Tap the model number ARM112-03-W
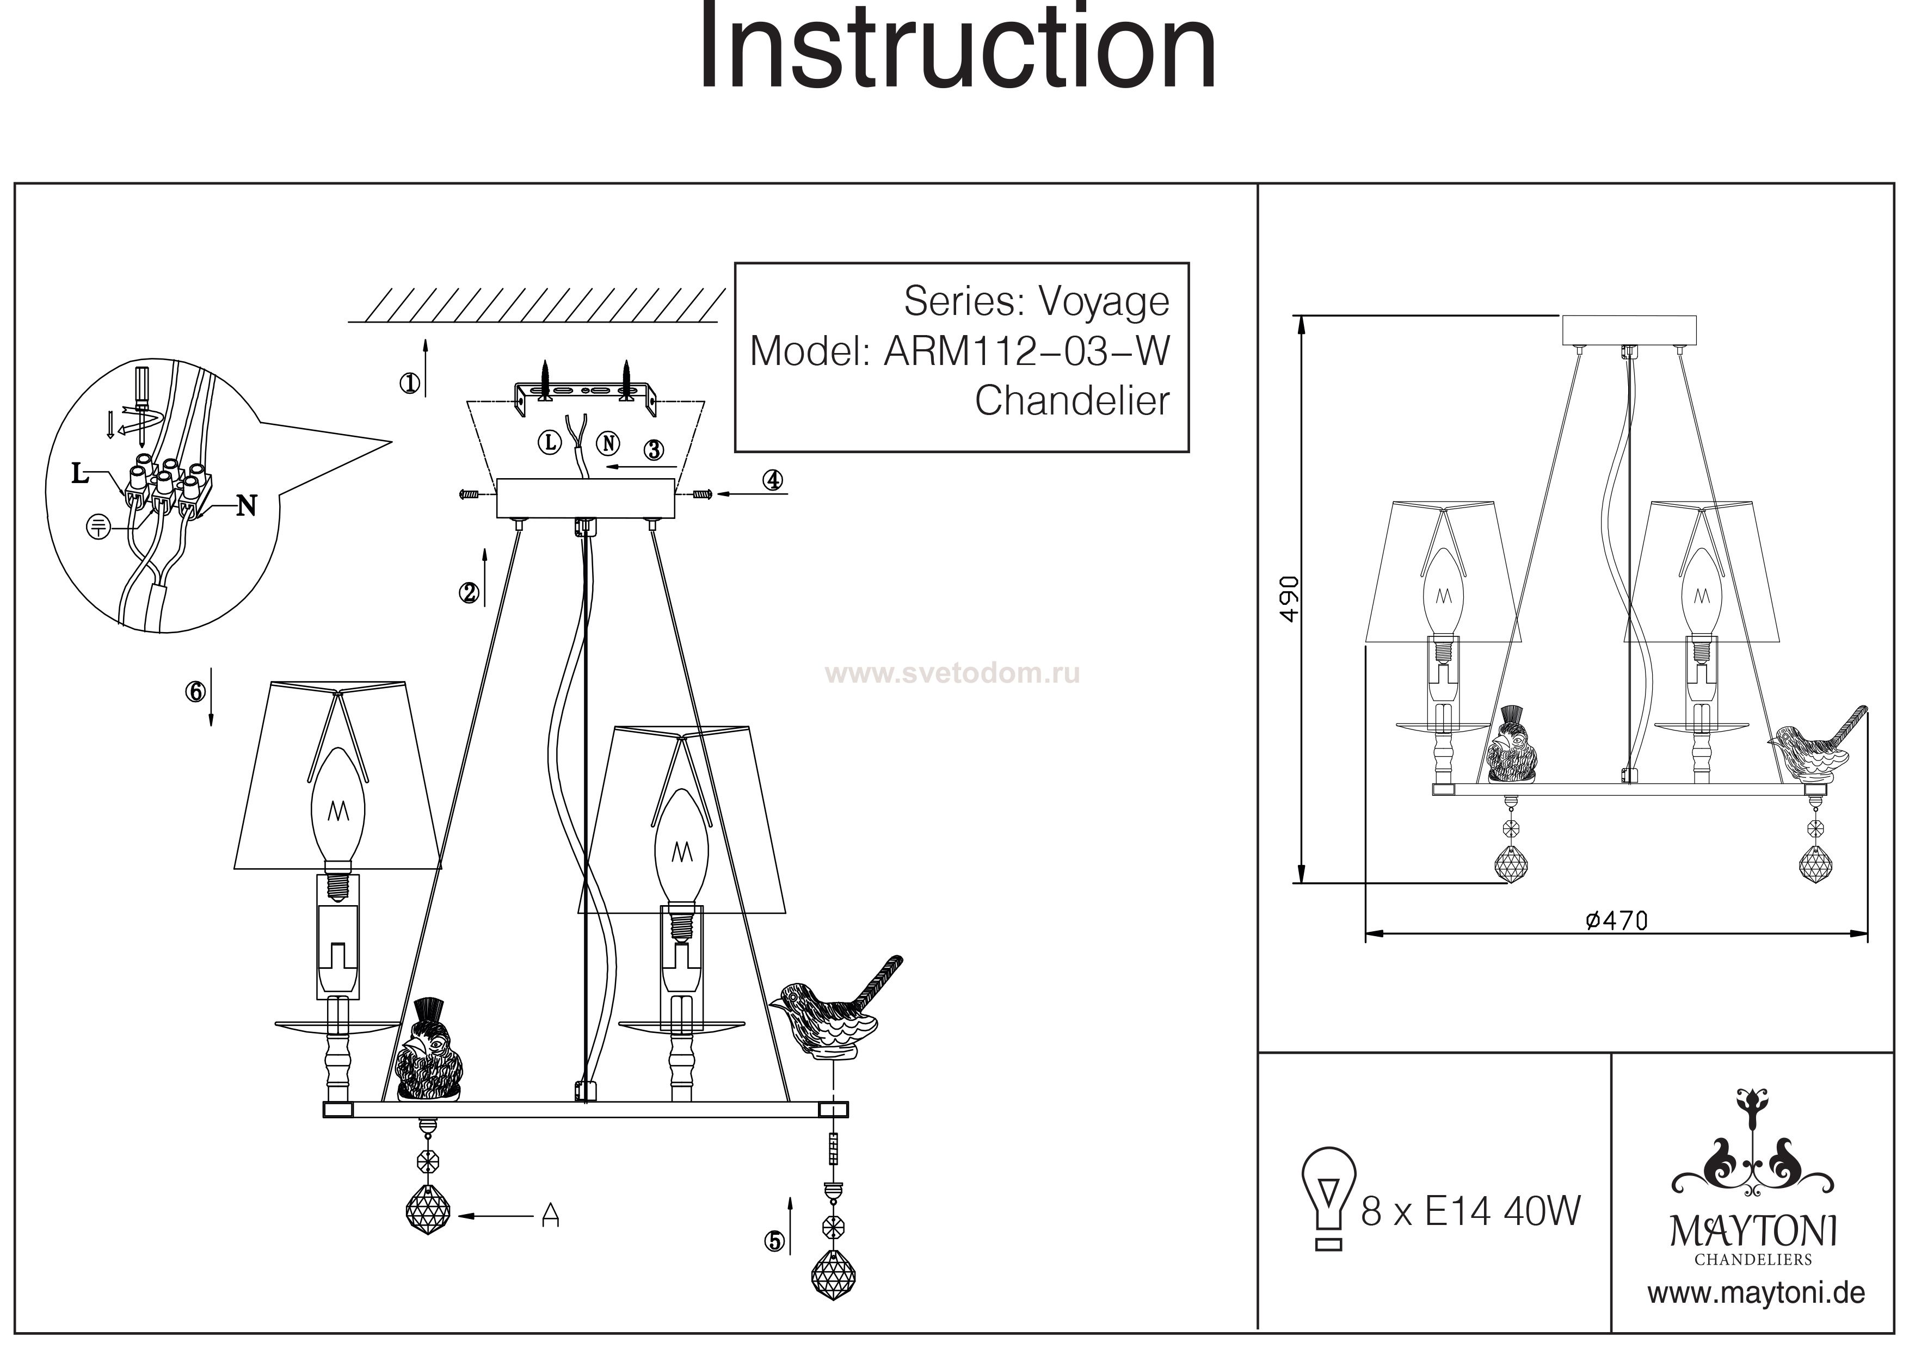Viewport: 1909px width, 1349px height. (1027, 351)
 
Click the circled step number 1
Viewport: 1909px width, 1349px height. (409, 383)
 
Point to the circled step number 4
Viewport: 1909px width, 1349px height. (773, 480)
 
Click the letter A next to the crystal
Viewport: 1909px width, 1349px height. (550, 1216)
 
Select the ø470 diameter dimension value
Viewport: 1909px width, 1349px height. (1616, 921)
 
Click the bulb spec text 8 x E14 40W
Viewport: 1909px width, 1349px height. (1470, 1212)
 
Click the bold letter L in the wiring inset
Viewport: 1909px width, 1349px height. (80, 474)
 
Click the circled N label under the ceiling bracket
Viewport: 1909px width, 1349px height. (609, 443)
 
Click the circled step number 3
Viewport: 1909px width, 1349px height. (654, 450)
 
